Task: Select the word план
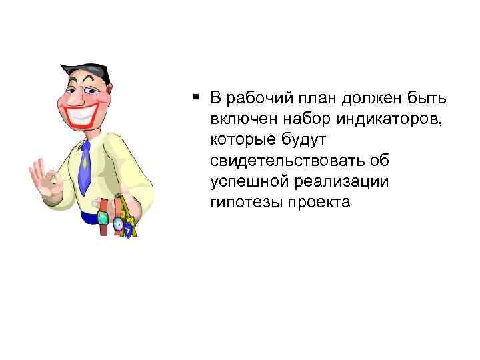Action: [314, 99]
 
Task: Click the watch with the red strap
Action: [103, 216]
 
